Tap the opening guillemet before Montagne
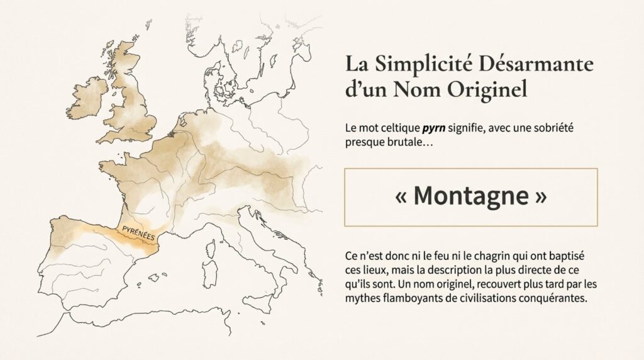point(402,198)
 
